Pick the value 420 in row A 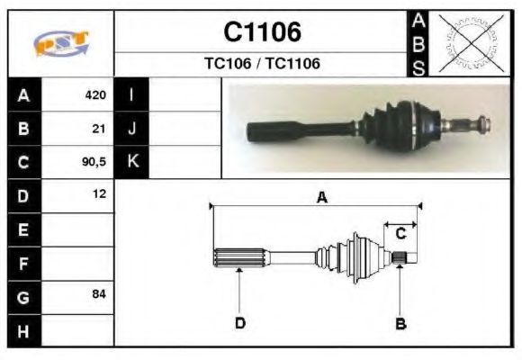[x=95, y=95]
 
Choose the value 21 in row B [x=99, y=129]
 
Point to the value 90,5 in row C [x=94, y=162]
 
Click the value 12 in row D [x=99, y=194]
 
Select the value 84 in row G [x=99, y=294]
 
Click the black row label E [x=23, y=229]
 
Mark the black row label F [x=23, y=263]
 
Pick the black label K [x=132, y=162]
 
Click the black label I [x=132, y=95]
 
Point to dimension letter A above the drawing [x=320, y=199]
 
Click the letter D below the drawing [x=240, y=322]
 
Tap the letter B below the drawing [x=400, y=322]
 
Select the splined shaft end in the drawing [x=239, y=257]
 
